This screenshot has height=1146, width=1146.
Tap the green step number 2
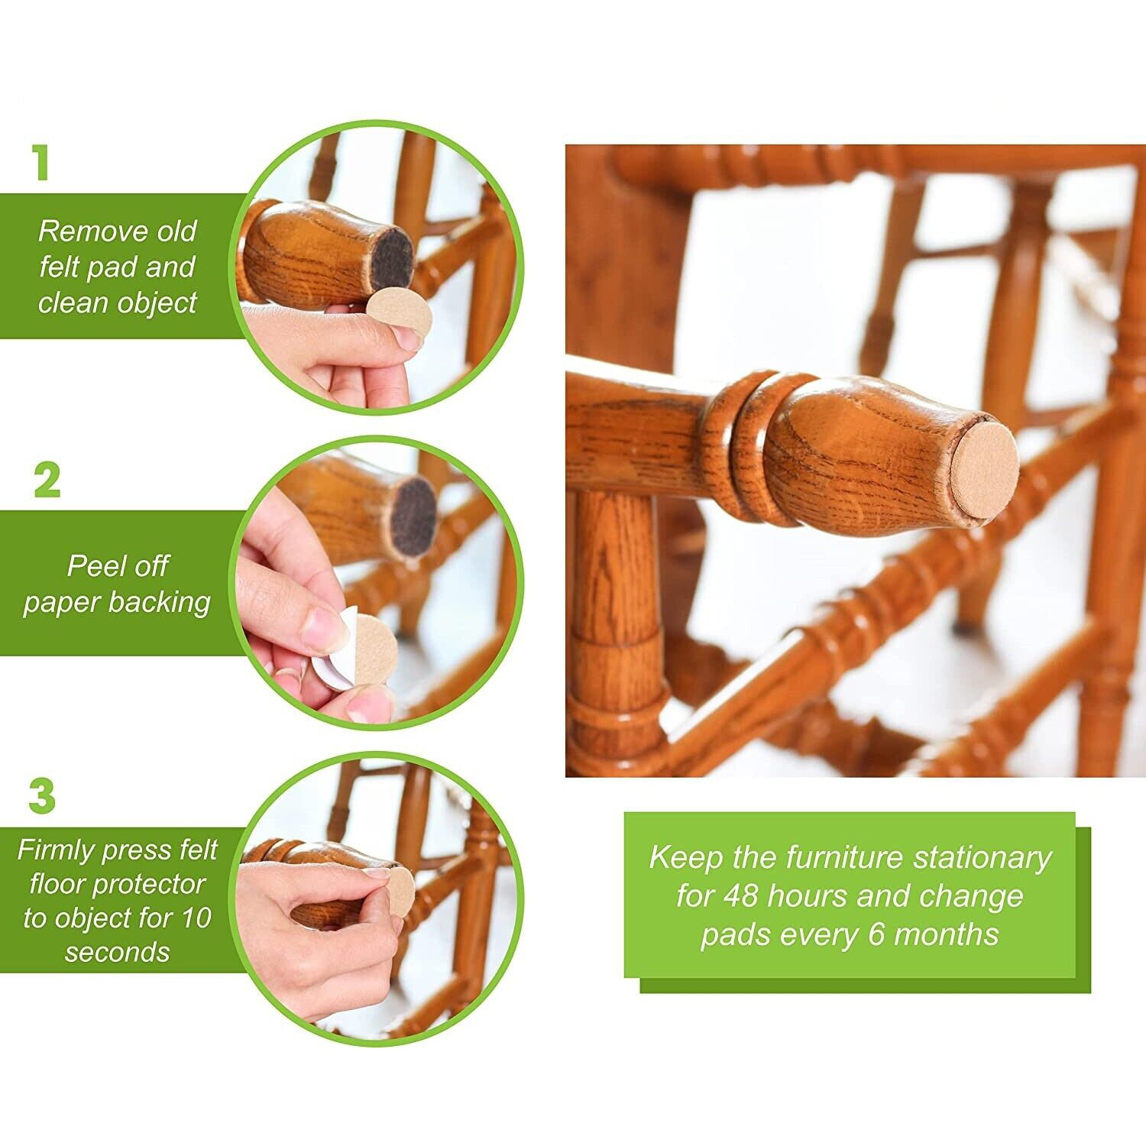coord(47,481)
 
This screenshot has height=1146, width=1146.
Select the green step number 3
coord(43,796)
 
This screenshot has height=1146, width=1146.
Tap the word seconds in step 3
coord(117,952)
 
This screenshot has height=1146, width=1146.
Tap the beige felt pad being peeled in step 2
coord(376,649)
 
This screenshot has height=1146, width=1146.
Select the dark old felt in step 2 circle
coord(413,515)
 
